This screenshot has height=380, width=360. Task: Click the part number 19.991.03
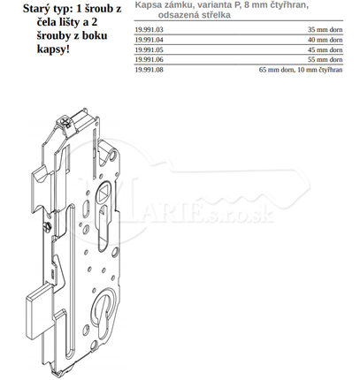pos(149,30)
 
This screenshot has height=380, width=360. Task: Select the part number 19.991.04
pos(149,40)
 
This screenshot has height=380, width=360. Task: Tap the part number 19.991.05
pos(149,49)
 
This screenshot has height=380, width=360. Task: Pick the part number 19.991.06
pos(149,59)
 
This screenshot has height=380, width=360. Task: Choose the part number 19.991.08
pos(149,70)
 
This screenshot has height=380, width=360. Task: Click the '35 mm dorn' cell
pos(326,30)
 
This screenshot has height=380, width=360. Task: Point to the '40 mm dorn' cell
pos(326,40)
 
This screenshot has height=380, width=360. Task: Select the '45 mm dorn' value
pos(326,49)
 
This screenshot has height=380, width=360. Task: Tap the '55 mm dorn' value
pos(326,59)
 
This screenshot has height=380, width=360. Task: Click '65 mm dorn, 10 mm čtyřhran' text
pos(301,70)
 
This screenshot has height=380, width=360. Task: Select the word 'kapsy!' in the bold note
pos(53,49)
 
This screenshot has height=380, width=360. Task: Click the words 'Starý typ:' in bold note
pos(48,9)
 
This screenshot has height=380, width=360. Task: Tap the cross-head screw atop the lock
pos(64,121)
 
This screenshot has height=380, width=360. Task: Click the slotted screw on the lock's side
pos(47,227)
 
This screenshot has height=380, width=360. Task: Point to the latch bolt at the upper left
pos(42,187)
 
